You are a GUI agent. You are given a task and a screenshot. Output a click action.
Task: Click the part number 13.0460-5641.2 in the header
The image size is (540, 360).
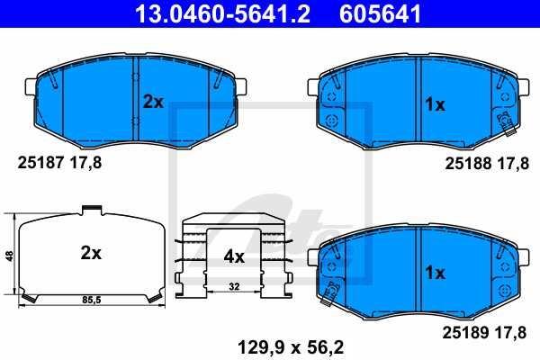point(222,13)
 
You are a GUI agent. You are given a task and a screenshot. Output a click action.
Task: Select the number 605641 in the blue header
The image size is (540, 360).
point(380,13)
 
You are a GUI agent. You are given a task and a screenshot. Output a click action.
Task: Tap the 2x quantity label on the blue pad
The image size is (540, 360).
point(153,102)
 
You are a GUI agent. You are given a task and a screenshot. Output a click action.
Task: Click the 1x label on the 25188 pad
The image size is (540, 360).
point(436,104)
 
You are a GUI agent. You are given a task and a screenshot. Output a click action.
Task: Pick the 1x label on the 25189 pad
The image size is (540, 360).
point(436,273)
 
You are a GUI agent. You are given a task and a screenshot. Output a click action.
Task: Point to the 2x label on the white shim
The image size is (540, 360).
point(91,253)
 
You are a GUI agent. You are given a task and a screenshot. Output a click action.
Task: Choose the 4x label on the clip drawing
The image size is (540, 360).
point(234,256)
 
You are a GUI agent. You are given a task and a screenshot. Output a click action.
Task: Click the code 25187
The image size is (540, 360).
point(40,163)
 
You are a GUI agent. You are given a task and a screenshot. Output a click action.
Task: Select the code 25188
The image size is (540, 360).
point(468,163)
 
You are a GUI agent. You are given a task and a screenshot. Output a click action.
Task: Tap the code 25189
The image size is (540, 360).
point(465,333)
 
